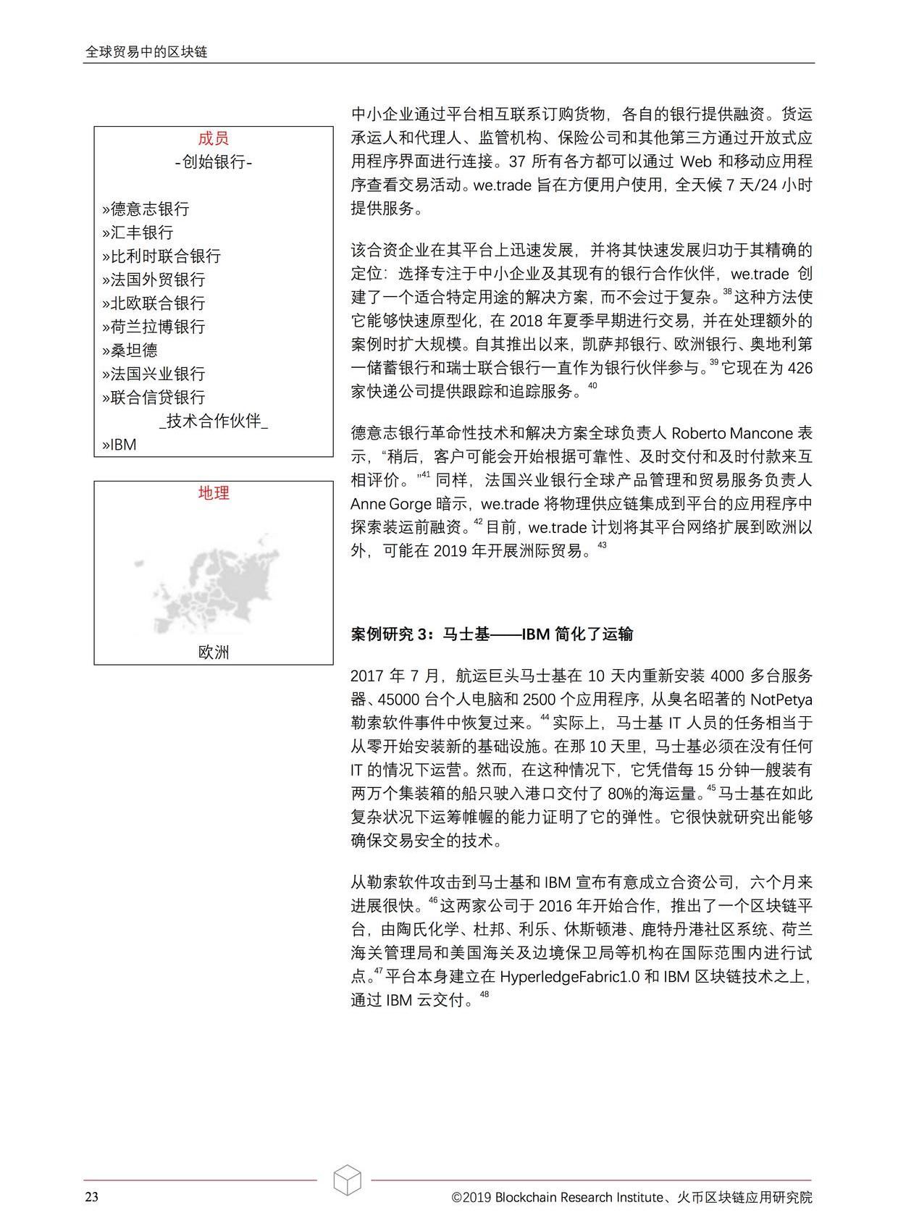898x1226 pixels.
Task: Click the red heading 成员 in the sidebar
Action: (x=213, y=138)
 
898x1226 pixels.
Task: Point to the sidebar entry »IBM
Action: (x=119, y=445)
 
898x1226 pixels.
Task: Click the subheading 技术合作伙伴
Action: (x=213, y=421)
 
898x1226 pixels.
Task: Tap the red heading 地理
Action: (x=213, y=493)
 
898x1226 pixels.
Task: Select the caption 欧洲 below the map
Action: (x=213, y=652)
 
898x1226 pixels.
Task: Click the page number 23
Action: (x=91, y=1197)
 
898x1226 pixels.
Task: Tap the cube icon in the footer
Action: (x=347, y=1180)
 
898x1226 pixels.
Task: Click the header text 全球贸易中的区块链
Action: (x=146, y=52)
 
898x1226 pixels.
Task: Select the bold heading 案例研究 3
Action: (x=390, y=634)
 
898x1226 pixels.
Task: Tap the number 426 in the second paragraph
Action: (x=799, y=369)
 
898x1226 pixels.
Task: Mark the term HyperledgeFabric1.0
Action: (x=569, y=976)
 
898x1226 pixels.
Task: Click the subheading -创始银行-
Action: (x=213, y=161)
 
